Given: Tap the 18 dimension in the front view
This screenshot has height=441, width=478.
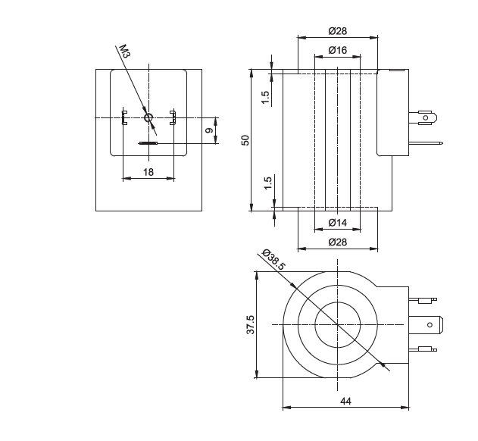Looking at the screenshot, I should tap(148, 172).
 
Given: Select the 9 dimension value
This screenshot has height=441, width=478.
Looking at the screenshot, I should tap(209, 130).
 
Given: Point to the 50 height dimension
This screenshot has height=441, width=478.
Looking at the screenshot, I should tap(245, 140).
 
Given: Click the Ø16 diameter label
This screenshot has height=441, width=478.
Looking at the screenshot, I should tap(338, 50).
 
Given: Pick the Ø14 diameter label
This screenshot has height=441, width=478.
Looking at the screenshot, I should tap(338, 223).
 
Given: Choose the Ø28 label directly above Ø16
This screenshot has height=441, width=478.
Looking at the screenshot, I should tap(338, 31).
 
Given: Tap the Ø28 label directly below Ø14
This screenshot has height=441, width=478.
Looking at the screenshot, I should tap(338, 242).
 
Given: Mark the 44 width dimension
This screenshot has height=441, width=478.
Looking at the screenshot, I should tap(346, 402).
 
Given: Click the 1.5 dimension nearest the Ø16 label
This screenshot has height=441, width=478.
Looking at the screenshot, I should tap(266, 98).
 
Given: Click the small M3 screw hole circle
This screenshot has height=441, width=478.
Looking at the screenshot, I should tap(148, 117).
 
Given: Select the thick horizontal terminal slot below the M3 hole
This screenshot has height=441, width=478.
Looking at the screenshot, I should tap(148, 142).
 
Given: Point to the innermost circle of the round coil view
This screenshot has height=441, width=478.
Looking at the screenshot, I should tap(337, 324).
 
